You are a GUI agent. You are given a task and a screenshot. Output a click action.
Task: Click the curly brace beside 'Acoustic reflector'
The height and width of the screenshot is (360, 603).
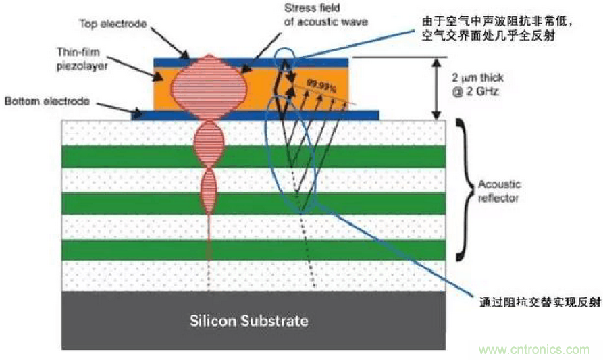click(x=461, y=189)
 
